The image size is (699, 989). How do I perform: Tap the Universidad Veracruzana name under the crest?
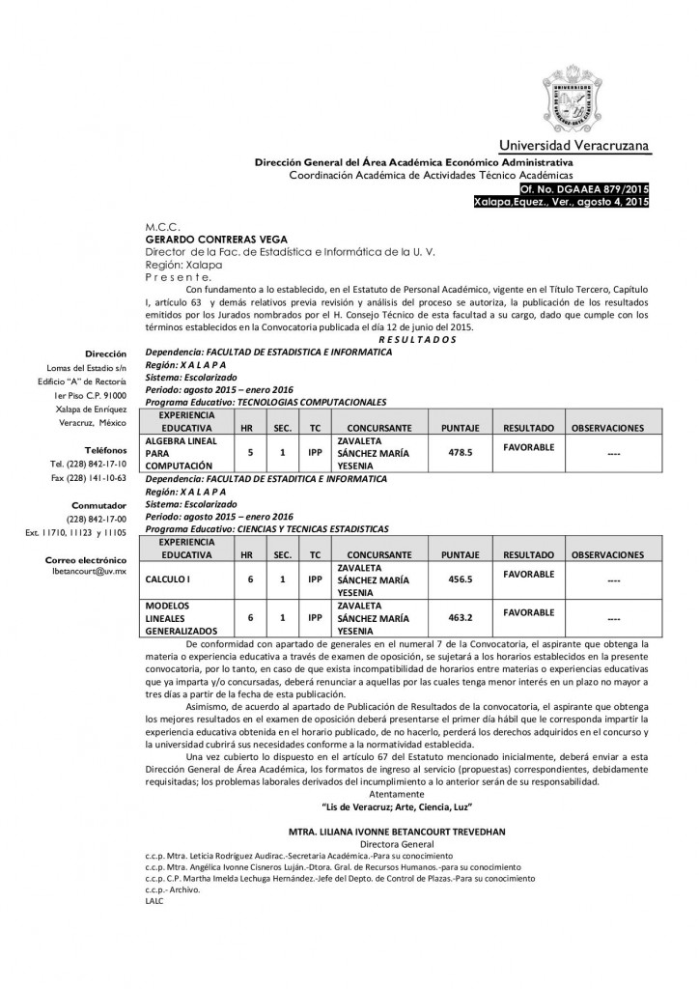tap(573, 145)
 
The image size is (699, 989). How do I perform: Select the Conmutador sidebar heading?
tap(99, 505)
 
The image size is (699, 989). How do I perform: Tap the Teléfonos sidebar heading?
tap(103, 450)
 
